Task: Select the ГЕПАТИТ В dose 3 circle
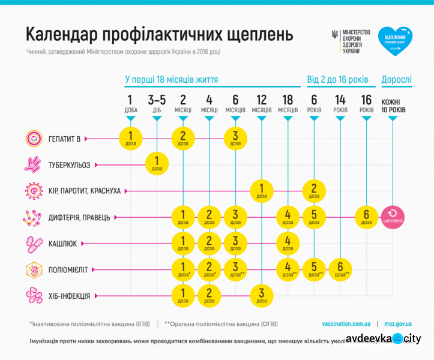pyautogui.click(x=235, y=139)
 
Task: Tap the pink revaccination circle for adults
pyautogui.click(x=393, y=217)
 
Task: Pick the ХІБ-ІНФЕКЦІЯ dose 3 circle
pyautogui.click(x=262, y=295)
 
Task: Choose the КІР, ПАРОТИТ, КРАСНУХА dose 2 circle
pyautogui.click(x=314, y=190)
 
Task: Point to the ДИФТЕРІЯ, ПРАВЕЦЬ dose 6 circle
pyautogui.click(x=366, y=217)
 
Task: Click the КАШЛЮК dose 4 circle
pyautogui.click(x=288, y=243)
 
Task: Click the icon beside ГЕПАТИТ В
pyautogui.click(x=34, y=139)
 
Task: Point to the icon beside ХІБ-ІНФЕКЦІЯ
pyautogui.click(x=34, y=295)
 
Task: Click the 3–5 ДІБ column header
pyautogui.click(x=157, y=103)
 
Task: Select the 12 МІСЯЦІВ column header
pyautogui.click(x=262, y=103)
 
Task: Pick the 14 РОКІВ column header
pyautogui.click(x=340, y=103)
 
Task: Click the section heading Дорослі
pyautogui.click(x=396, y=80)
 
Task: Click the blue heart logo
pyautogui.click(x=395, y=41)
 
